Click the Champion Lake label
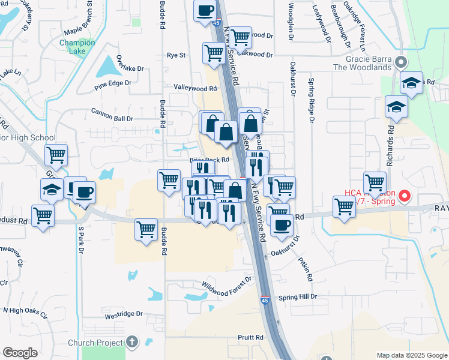(77, 47)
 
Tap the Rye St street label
(176, 55)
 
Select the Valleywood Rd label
(195, 88)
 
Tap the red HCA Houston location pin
(405, 196)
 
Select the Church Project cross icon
(132, 342)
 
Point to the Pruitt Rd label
(251, 338)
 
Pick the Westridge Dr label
(124, 314)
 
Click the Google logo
(20, 353)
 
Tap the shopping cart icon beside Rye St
(214, 53)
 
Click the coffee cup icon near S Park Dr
(84, 192)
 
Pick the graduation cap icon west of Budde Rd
(52, 190)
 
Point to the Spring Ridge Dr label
(312, 100)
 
